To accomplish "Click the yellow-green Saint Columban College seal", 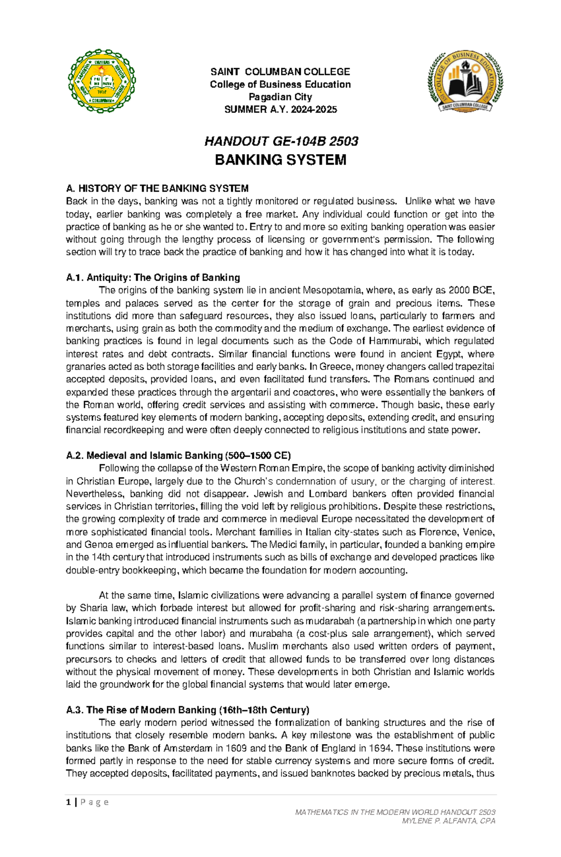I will pos(102,82).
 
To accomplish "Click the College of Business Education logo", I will pos(465,82).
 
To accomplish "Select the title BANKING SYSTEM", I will pos(280,160).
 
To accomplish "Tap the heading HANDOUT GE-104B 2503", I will pos(281,141).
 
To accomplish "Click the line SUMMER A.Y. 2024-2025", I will pos(280,110).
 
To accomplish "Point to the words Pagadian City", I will pos(280,97).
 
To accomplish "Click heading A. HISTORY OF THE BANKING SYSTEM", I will pos(157,189).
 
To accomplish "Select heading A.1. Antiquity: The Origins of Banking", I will pos(153,278).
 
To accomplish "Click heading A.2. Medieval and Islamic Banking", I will pos(178,455).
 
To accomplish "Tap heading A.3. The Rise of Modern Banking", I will pos(187,710).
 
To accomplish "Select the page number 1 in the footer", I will pos(69,802).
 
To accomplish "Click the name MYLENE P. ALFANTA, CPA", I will pos(448,821).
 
